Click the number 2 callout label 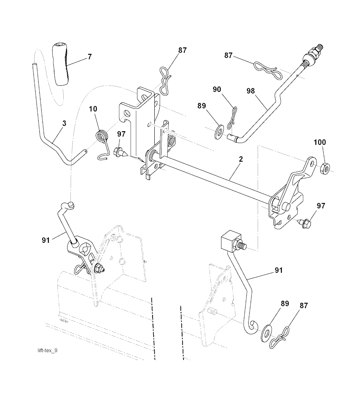240,159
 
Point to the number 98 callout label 250,91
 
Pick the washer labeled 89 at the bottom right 268,333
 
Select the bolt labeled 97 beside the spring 118,152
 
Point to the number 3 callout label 64,123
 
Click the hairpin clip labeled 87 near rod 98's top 268,70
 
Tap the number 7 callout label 90,57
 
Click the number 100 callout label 320,142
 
